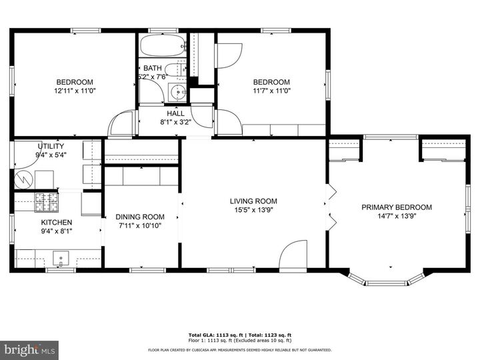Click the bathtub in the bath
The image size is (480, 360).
162,47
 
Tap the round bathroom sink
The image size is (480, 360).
177,93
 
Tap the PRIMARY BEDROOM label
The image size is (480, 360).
397,207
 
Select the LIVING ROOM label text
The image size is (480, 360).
253,201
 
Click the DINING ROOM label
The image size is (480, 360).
139,217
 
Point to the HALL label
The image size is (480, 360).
175,114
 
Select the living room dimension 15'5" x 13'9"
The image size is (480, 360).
253,210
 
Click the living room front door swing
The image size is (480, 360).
291,257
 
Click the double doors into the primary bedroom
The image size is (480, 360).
329,203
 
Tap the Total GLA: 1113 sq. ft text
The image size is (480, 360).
215,335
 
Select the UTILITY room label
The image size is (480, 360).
51,146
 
